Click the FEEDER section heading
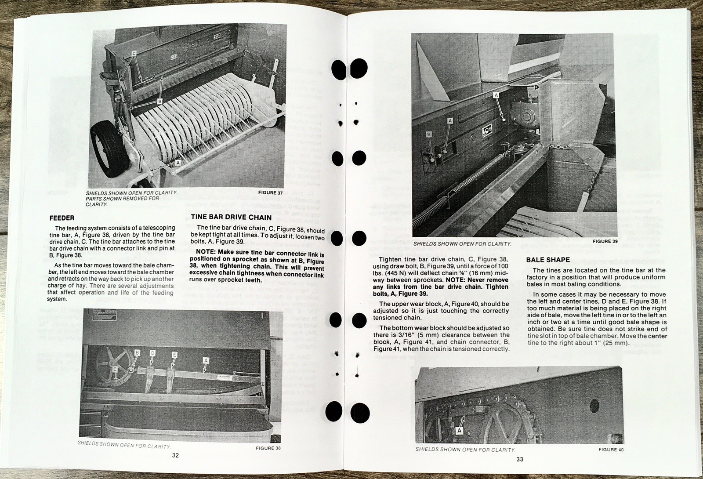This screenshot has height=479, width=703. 62,218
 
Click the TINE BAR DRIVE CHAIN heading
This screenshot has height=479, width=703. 231,217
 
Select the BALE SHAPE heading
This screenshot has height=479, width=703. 548,260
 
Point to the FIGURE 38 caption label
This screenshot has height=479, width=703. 268,448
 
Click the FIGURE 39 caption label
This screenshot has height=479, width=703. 605,241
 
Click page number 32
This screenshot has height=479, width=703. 175,455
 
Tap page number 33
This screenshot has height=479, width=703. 520,460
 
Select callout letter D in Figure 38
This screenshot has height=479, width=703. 152,352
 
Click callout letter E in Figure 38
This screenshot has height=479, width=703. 174,354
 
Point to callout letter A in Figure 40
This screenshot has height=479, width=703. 459,431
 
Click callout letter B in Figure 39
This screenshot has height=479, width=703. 429,134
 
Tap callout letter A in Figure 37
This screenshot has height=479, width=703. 178,162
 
